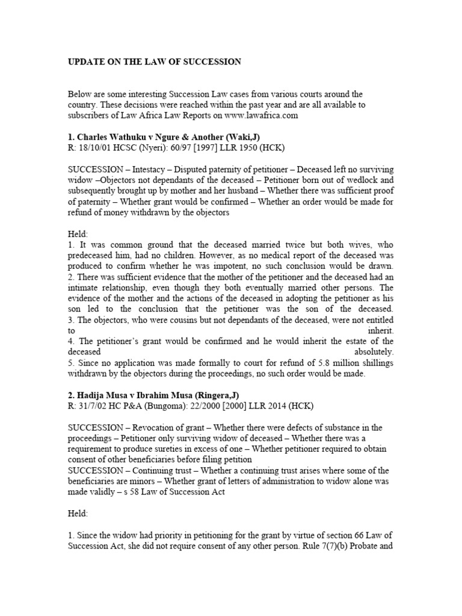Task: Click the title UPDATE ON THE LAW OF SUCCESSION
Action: [x=155, y=61]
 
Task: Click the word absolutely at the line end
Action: [x=374, y=351]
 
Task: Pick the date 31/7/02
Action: [x=93, y=405]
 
